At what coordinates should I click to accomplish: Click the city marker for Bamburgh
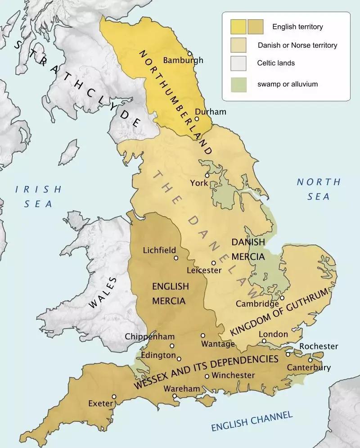tap(190, 53)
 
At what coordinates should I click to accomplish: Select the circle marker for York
tap(207, 175)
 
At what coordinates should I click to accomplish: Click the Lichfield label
tap(159, 250)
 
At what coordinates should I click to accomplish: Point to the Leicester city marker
tap(214, 262)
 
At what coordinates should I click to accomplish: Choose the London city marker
tap(265, 342)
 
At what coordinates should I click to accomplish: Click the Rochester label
tap(319, 346)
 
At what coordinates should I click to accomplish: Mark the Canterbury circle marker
tap(310, 360)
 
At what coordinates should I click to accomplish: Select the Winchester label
tap(233, 375)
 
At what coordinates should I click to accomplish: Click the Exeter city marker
tap(114, 397)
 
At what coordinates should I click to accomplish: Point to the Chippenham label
tap(147, 336)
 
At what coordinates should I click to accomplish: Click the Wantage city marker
tap(203, 335)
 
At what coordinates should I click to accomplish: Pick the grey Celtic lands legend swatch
tap(238, 63)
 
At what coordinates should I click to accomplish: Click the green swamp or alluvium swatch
tap(238, 84)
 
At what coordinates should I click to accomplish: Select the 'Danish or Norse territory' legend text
tap(297, 45)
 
